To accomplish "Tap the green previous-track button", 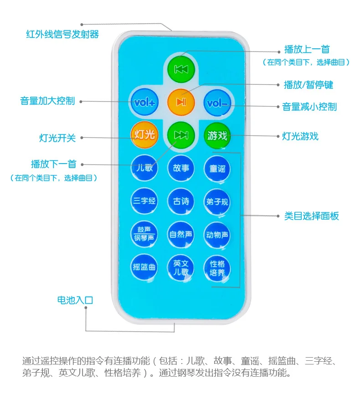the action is click(x=181, y=69).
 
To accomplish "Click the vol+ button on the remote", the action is click(x=144, y=102).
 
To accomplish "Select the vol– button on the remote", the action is click(x=217, y=103).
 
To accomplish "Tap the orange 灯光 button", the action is click(x=144, y=135).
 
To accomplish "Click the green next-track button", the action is click(x=181, y=135).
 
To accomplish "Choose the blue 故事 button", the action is click(x=181, y=168).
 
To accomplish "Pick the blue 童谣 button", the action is click(x=217, y=169).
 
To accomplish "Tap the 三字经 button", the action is click(x=144, y=201).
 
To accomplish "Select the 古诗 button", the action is click(x=181, y=201).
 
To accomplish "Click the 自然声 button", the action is click(x=181, y=235).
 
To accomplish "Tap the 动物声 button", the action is click(x=217, y=235).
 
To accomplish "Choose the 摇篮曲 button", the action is click(x=144, y=267).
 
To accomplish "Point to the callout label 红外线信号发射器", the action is click(x=62, y=34).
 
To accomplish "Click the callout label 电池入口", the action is click(x=75, y=300).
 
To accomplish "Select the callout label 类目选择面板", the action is click(x=312, y=216).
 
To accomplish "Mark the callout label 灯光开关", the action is click(x=57, y=138).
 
